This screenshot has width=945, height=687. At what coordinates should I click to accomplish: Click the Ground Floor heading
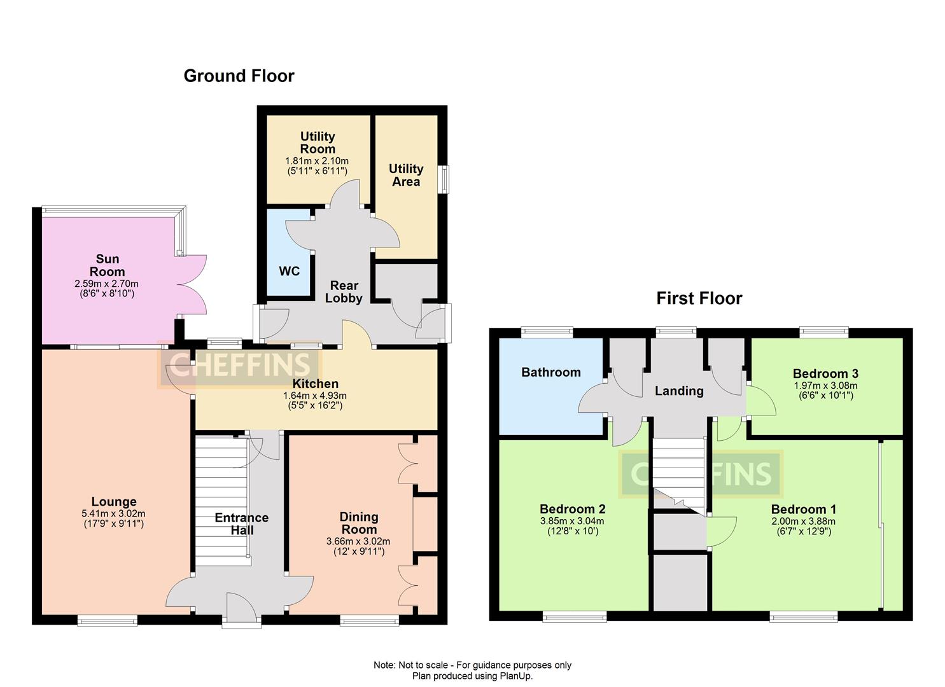pos(239,76)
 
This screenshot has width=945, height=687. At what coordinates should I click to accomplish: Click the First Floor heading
pos(699,298)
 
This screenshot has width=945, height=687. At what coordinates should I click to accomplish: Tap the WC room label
pos(289,272)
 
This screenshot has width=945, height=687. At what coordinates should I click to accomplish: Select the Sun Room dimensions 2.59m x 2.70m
pos(107,284)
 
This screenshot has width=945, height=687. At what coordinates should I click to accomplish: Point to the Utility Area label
pos(406,175)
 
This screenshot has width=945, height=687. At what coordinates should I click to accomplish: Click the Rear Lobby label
pos(344,292)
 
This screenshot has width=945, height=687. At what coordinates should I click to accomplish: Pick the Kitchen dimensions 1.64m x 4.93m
pos(315,395)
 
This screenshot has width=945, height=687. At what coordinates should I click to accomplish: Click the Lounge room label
pos(114,502)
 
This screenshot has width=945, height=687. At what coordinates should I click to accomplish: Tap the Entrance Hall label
pos(242,524)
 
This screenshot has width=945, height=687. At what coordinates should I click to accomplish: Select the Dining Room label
pos(359,523)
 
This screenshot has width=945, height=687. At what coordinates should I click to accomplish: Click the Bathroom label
pos(550,373)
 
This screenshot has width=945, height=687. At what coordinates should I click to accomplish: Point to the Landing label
pos(679,391)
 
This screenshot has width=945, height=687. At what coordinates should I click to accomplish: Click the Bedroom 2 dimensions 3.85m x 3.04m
pos(572,520)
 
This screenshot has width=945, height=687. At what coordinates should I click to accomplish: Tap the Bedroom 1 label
pos(803,509)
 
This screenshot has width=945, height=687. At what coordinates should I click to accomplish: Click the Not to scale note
pos(472,665)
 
